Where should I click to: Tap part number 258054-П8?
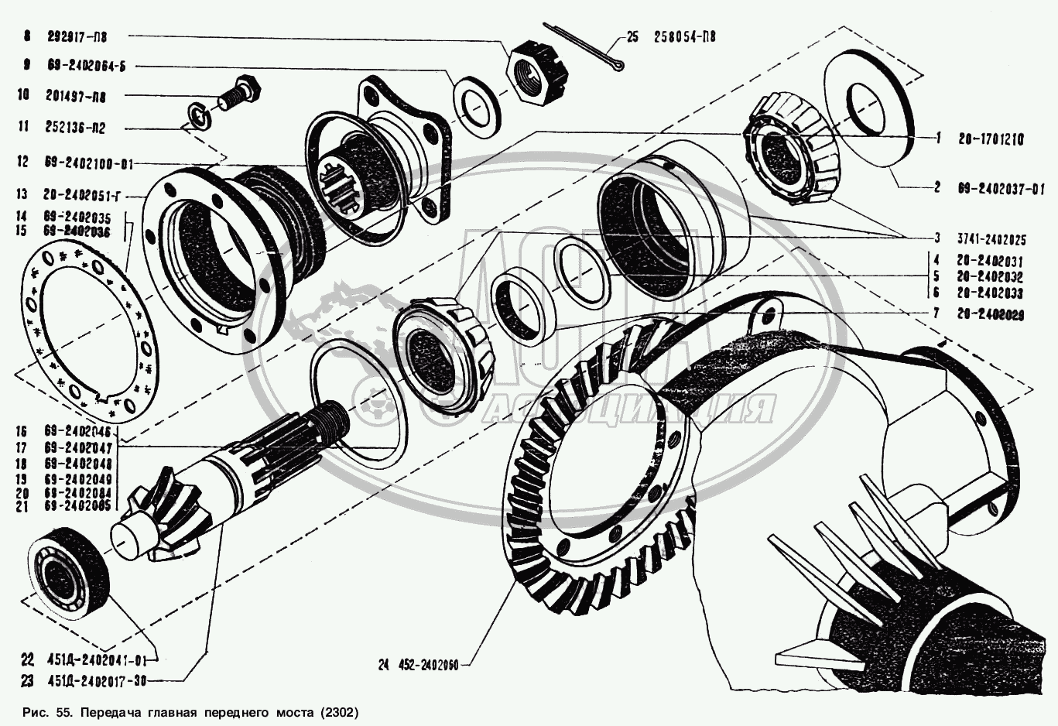[x=684, y=36]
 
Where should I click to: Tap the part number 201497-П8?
[x=77, y=97]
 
